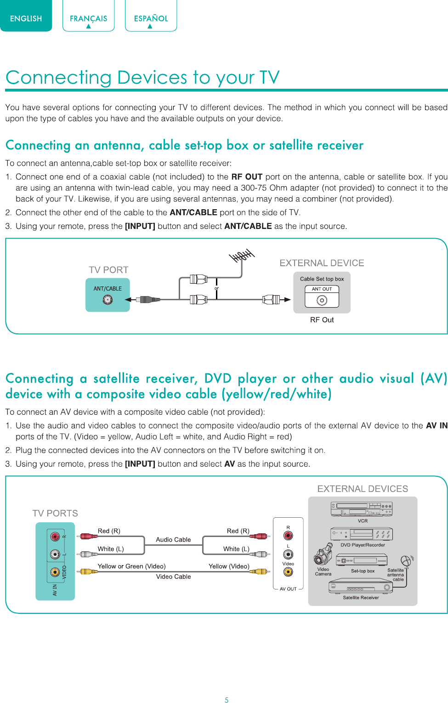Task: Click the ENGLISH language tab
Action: pos(26,16)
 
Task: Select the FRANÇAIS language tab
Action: pos(89,16)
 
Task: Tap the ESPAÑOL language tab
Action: pos(151,16)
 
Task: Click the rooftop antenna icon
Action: pos(242,256)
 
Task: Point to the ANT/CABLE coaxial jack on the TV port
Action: pos(108,300)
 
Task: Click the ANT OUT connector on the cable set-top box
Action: pos(322,300)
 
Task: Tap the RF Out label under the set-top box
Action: pos(322,320)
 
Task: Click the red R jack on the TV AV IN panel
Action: pos(55,537)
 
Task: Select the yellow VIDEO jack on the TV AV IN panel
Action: pos(55,572)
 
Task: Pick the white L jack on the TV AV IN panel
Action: pos(55,554)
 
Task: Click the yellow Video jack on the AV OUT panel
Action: pos(288,572)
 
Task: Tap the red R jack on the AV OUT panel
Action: pos(288,535)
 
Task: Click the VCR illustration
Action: pos(362,509)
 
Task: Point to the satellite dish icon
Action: pos(407,561)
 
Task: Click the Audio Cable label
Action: pos(174,539)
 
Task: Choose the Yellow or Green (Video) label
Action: pos(132,566)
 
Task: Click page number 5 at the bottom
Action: pos(227,699)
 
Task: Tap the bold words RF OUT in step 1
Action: pos(247,177)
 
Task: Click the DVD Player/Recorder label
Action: pos(363,545)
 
